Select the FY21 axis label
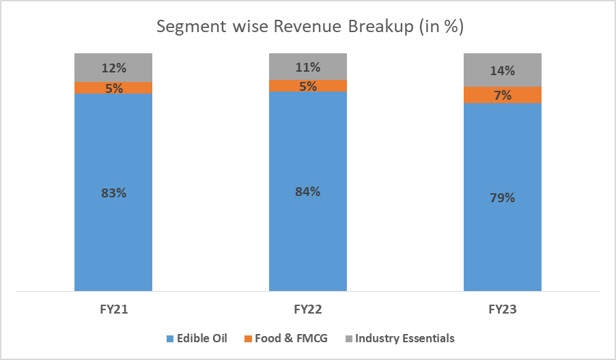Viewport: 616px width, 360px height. point(113,309)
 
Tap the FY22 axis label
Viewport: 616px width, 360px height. point(308,309)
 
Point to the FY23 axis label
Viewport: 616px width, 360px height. point(503,309)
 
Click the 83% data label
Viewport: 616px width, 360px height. point(113,193)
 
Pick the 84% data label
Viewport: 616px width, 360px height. point(308,191)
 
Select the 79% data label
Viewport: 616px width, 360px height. point(503,198)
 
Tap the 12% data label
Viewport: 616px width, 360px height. point(113,68)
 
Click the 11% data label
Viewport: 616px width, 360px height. point(308,67)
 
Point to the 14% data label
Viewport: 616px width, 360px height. point(503,70)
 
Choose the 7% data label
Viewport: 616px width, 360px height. point(503,96)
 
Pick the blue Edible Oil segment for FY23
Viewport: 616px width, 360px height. point(503,239)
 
